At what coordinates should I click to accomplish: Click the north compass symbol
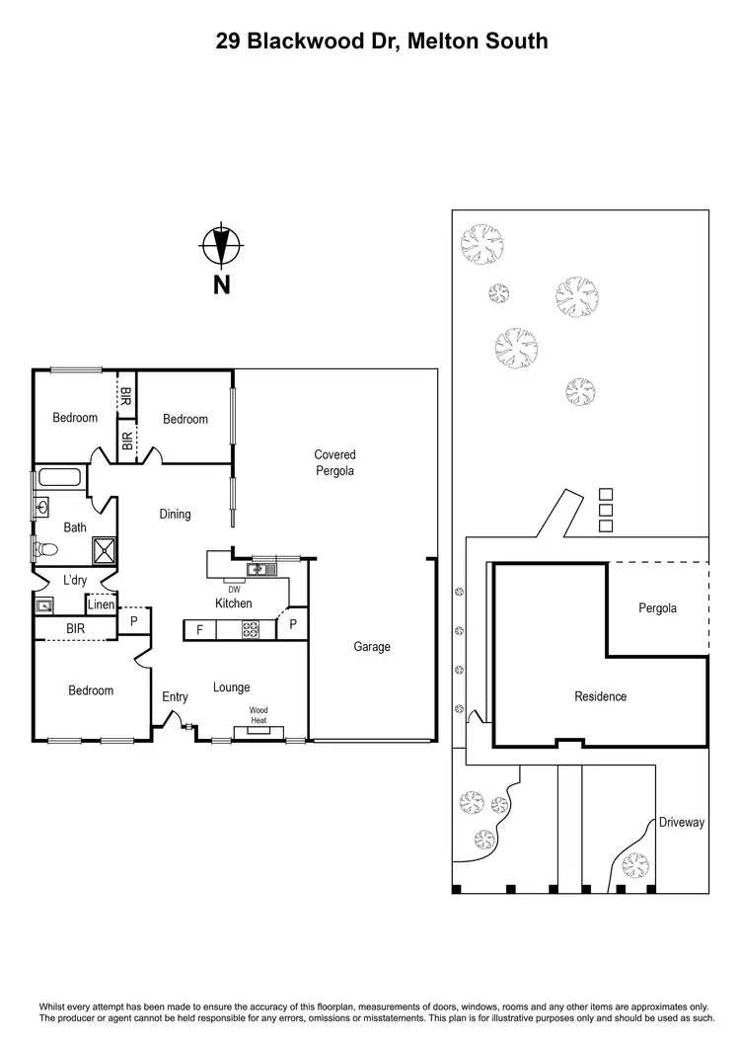click(x=222, y=246)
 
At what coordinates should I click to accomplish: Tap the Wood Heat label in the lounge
click(x=259, y=715)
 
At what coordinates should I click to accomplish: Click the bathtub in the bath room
click(x=61, y=479)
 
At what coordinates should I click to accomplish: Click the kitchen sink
click(x=258, y=569)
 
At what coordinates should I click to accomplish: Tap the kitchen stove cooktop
click(x=251, y=628)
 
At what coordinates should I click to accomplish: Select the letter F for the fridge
click(x=199, y=629)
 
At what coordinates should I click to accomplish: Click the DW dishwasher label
click(x=234, y=590)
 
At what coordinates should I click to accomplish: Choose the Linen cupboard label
click(x=101, y=605)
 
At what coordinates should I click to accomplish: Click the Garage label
click(x=372, y=647)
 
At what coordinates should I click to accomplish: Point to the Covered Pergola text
click(x=334, y=462)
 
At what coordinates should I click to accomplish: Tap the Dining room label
click(x=175, y=514)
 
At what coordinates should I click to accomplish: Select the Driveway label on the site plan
click(x=682, y=822)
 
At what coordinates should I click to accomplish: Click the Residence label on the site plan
click(x=600, y=696)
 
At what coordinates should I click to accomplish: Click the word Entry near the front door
click(x=175, y=697)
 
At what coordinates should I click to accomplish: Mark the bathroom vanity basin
click(x=43, y=508)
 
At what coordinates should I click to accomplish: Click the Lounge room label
click(x=232, y=687)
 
